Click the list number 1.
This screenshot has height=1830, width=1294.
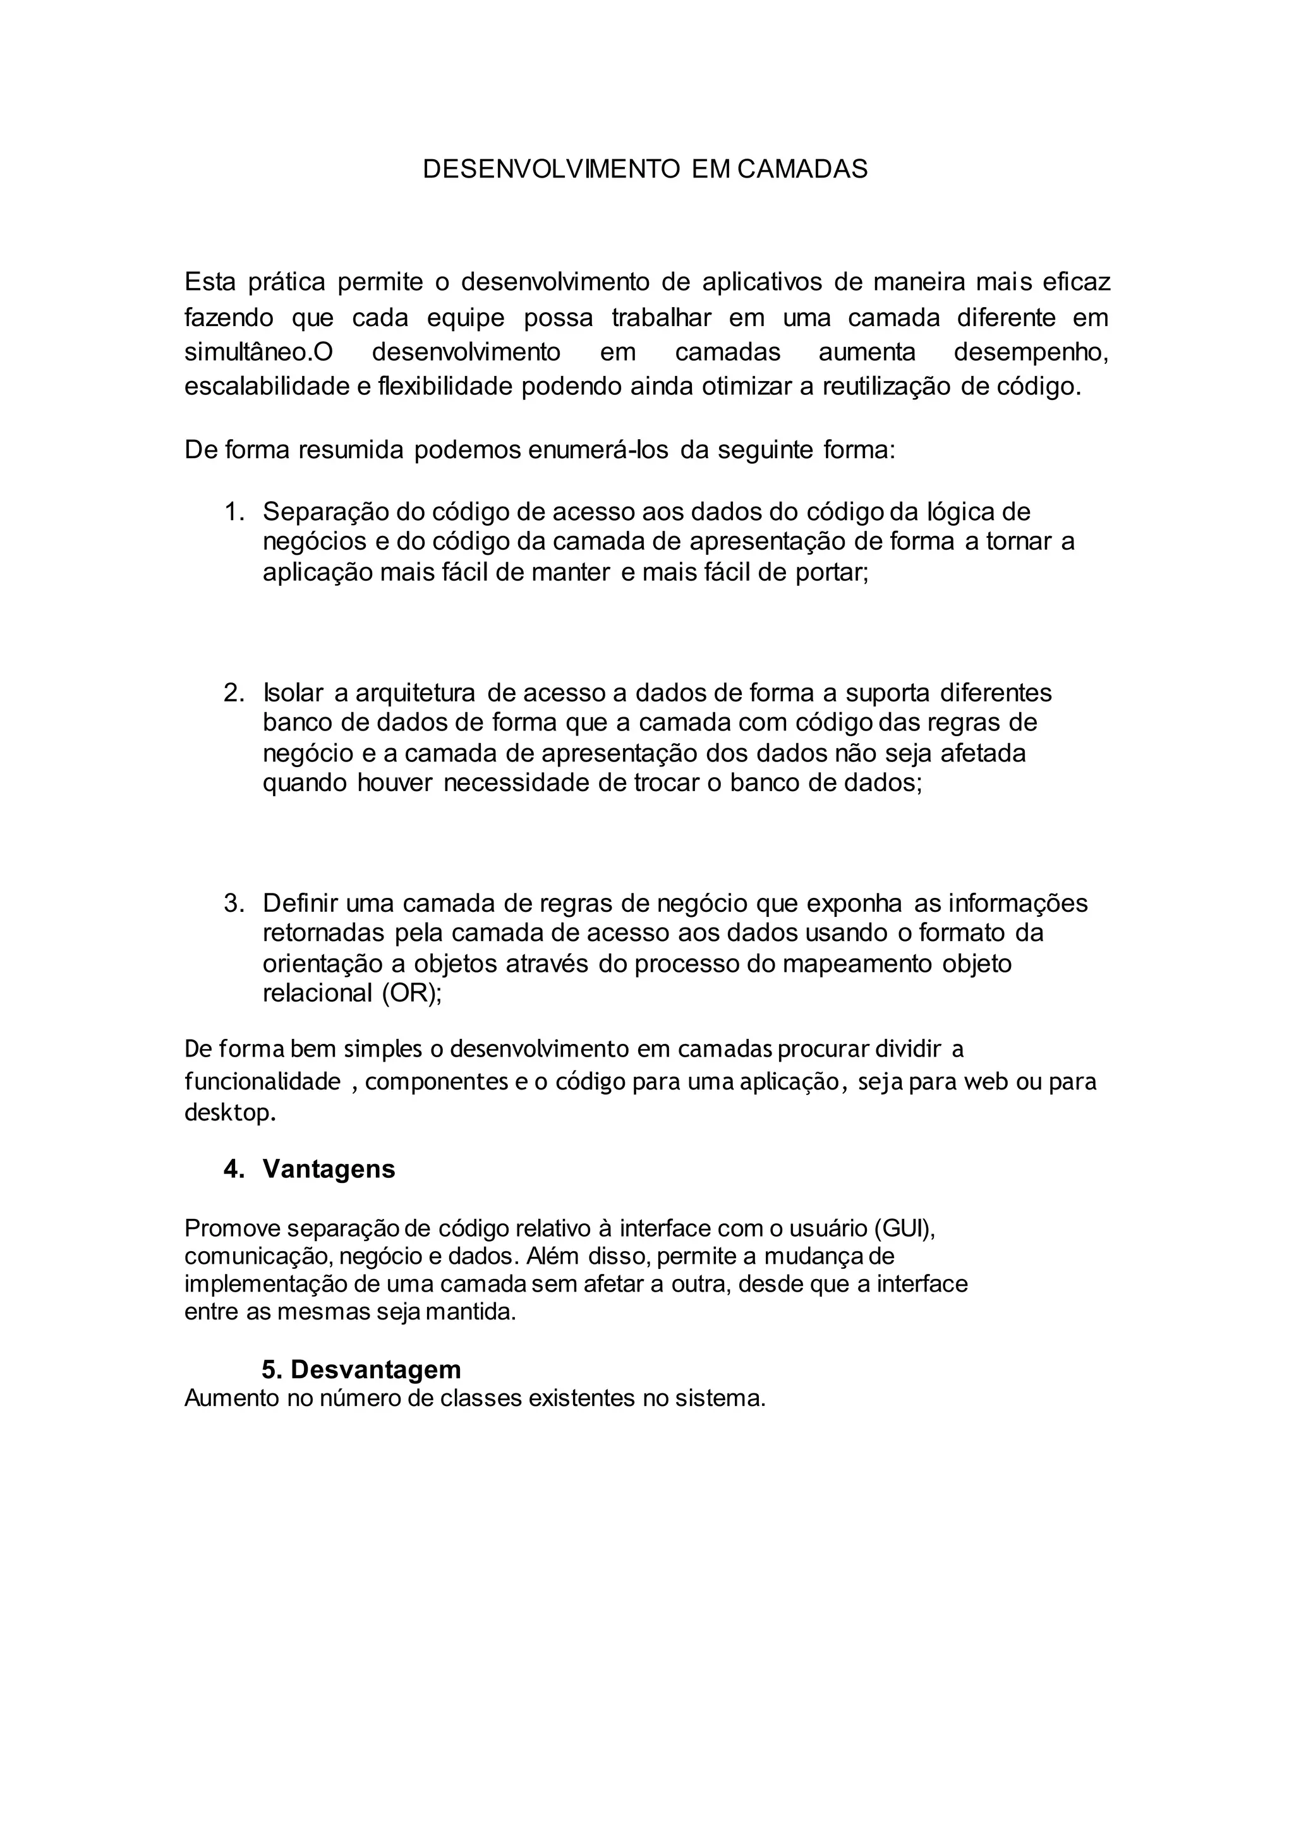click(233, 511)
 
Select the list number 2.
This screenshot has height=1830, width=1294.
click(233, 693)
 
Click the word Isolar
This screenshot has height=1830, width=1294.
click(293, 693)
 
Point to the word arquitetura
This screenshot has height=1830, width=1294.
click(414, 693)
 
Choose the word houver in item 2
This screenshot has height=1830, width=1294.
click(394, 783)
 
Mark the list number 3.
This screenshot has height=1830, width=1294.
click(233, 903)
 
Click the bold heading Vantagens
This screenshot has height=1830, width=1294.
click(329, 1169)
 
